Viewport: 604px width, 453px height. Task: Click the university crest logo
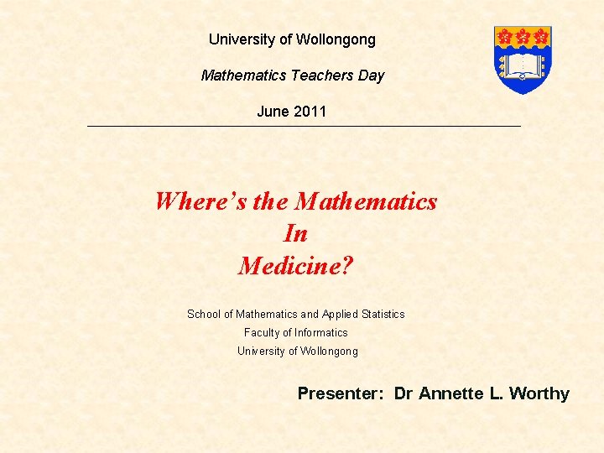click(523, 59)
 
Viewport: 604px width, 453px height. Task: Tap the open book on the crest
click(523, 66)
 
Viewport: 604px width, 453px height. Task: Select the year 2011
click(310, 112)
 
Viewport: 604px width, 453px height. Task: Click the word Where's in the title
click(200, 202)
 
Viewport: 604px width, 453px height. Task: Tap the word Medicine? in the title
click(296, 266)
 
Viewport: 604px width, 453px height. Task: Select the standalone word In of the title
click(296, 234)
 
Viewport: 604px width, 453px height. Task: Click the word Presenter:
click(341, 393)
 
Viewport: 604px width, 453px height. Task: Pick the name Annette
click(452, 393)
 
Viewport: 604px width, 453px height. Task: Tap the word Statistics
click(383, 315)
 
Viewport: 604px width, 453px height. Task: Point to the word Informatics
click(321, 333)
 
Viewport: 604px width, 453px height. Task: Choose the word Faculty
click(263, 333)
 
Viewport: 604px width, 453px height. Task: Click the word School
click(204, 315)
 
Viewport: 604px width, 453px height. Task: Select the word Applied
click(341, 315)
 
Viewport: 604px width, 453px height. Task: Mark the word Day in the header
click(371, 75)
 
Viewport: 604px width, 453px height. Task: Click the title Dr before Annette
click(404, 393)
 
